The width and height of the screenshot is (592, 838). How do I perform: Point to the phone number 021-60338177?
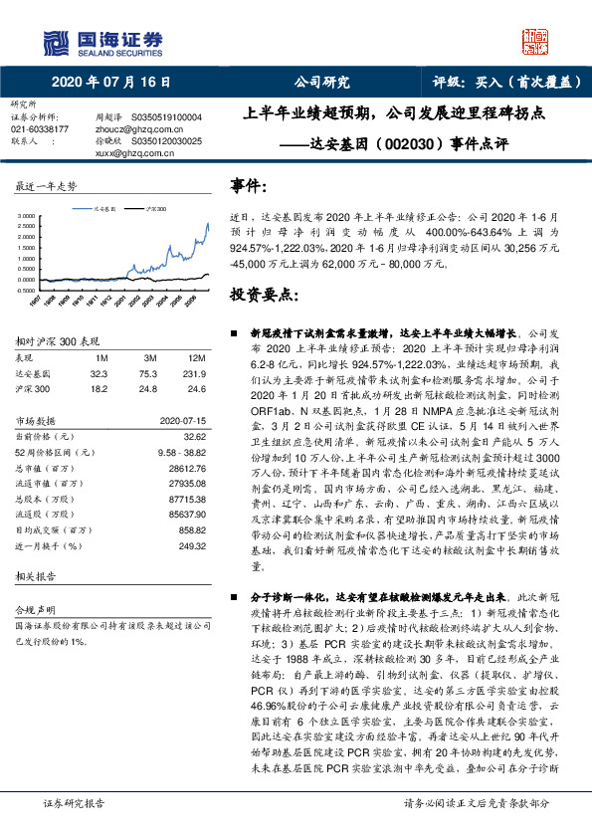coord(40,129)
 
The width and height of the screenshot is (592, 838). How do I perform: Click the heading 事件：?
coord(248,186)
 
